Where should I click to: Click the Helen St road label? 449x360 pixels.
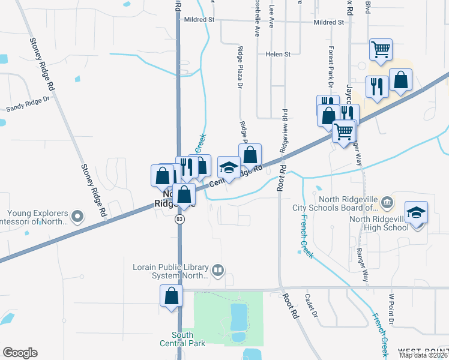pos(278,54)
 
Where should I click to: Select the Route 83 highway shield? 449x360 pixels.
pos(179,220)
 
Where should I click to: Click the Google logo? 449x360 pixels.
pos(20,353)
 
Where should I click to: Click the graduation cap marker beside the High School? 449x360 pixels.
pos(415,214)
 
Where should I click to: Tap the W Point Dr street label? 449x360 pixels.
pos(390,309)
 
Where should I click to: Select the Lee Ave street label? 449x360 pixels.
pos(271,14)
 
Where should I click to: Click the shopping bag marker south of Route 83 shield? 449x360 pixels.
pos(171,296)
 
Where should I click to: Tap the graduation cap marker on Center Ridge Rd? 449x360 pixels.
pos(229,167)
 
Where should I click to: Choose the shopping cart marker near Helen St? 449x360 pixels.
pos(380,50)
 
